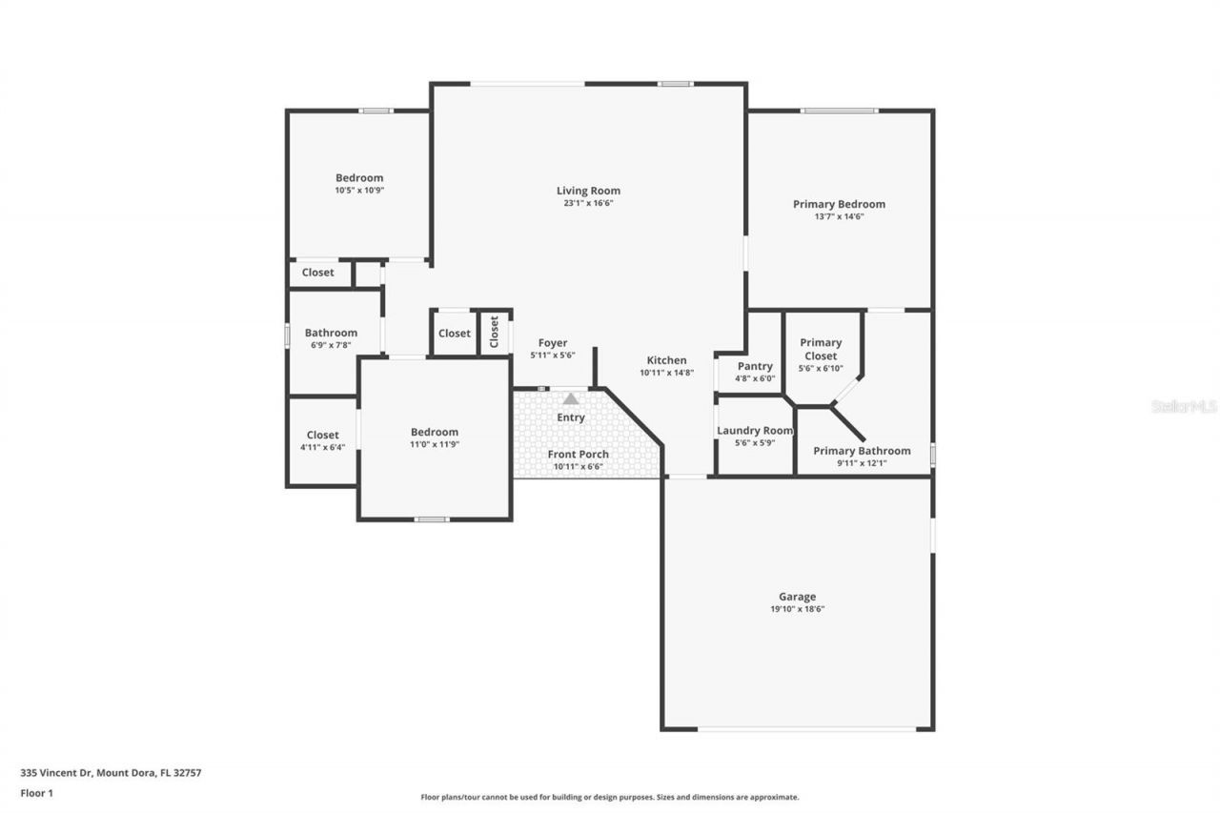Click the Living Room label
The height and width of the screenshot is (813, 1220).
[588, 191]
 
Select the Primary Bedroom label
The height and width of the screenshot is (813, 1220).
[839, 204]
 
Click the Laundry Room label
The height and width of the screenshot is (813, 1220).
[754, 431]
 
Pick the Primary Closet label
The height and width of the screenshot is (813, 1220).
[821, 349]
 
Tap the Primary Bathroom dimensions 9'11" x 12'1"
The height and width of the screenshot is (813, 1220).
[861, 463]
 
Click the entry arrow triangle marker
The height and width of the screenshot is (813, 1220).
[570, 398]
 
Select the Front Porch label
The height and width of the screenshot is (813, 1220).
[578, 455]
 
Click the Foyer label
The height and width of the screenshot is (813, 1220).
[553, 343]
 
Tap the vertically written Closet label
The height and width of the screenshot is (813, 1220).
[494, 332]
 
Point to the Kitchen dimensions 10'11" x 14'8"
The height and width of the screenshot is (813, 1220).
[666, 373]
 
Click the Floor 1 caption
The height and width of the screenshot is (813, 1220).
[37, 792]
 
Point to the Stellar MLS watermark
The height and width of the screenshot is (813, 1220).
[1184, 406]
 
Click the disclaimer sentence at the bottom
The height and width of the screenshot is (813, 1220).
[610, 797]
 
